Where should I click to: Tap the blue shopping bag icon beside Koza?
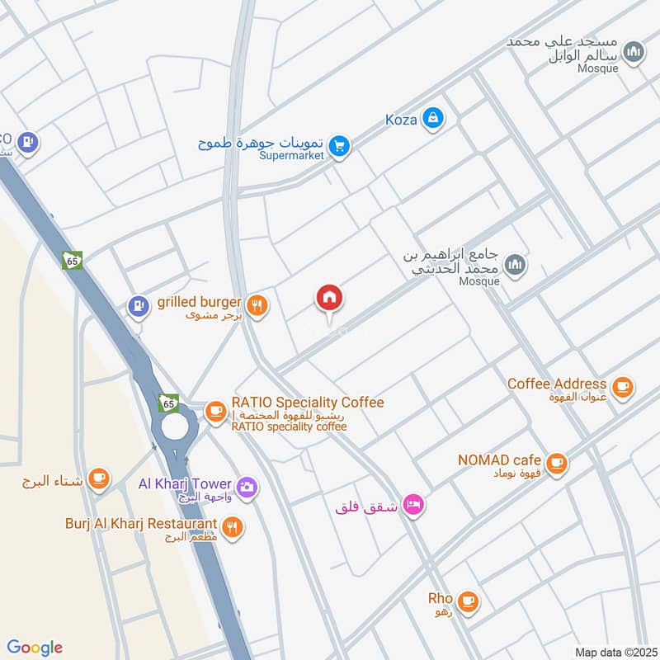431,120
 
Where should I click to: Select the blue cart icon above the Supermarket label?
338,147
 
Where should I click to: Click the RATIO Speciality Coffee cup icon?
215,410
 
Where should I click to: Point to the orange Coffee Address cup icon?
622,385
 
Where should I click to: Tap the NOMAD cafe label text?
501,460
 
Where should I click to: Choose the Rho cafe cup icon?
468,601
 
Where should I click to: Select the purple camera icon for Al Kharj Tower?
246,488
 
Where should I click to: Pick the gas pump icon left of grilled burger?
136,306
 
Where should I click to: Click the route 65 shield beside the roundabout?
168,403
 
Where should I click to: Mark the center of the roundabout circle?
174,427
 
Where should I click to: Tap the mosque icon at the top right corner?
633,54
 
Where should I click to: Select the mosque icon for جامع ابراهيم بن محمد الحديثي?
516,264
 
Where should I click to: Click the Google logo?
35,648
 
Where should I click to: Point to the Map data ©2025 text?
614,652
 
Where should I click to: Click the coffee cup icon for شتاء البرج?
98,478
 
